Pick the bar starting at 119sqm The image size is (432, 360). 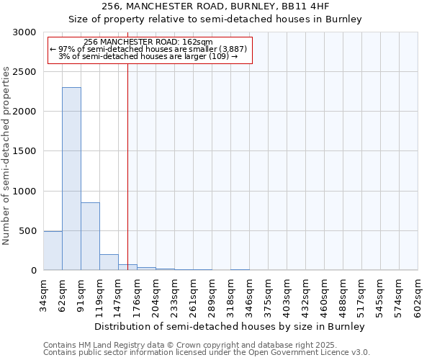(109, 262)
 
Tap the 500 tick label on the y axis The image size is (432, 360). (28, 231)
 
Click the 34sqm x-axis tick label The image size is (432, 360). (44, 294)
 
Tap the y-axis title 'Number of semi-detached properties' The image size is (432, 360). (6, 156)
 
